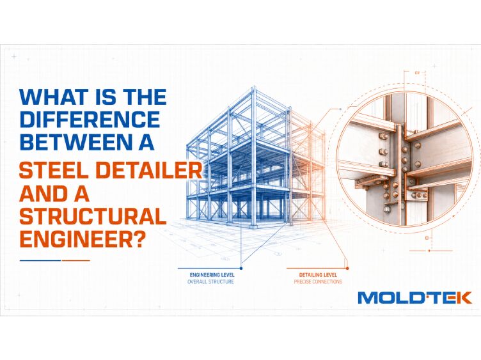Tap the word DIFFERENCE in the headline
coord(90,120)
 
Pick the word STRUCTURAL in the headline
coord(93,216)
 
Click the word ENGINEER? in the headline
coord(82,239)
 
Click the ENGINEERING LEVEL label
coord(212,275)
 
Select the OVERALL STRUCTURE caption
coord(210,282)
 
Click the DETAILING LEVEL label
coord(318,275)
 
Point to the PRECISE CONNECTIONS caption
coord(318,282)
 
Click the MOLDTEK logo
coord(414,298)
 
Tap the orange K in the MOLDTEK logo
coord(464,298)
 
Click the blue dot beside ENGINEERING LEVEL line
coord(241,269)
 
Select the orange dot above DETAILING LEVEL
coord(347,269)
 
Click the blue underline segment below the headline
coord(40,261)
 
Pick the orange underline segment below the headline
coord(75,261)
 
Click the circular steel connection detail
coord(404,159)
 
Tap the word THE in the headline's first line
coord(145,97)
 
